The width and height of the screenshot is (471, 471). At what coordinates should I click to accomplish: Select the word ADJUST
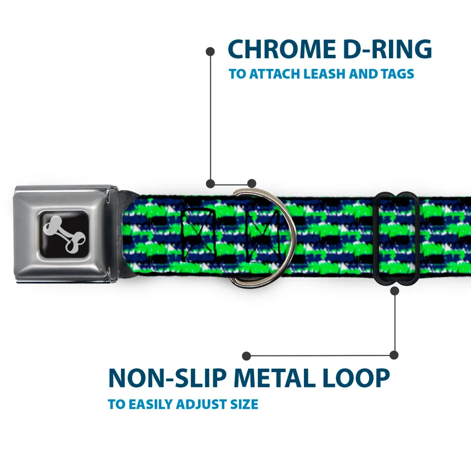pos(204,404)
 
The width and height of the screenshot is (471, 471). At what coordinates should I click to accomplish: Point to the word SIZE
pos(245,404)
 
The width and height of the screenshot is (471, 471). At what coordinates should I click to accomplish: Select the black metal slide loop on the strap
pos(396,238)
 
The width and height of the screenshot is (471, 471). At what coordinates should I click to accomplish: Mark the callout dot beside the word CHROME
pos(210,50)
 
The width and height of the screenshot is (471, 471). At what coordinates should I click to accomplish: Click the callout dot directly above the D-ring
pos(251,183)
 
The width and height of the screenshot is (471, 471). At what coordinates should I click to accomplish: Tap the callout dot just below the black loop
pos(394,291)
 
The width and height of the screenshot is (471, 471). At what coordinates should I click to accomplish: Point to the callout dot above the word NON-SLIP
pos(247,356)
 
